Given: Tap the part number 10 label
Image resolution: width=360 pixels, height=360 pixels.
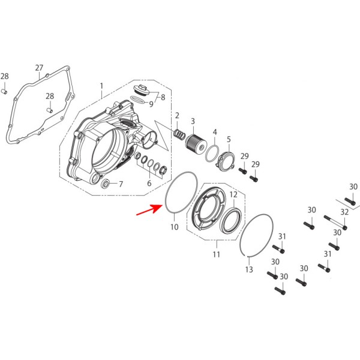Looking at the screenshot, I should (174, 227).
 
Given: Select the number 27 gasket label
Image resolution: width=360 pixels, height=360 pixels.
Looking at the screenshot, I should (40, 68).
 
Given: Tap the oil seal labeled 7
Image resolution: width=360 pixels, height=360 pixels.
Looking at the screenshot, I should (106, 182).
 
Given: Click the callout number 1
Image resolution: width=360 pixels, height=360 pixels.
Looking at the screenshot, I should (102, 85).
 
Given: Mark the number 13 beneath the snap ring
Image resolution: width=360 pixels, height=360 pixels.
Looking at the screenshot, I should (249, 270).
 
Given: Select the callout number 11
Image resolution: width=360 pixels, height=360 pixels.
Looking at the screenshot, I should (216, 254).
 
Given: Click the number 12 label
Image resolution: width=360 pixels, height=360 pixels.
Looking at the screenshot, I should (233, 194).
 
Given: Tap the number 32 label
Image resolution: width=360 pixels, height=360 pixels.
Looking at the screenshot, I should (344, 212).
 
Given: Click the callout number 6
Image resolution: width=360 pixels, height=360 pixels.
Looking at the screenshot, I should (149, 184).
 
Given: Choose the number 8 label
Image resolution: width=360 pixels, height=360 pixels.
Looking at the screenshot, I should (162, 97).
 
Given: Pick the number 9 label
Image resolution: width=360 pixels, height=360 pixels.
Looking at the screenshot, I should (151, 104).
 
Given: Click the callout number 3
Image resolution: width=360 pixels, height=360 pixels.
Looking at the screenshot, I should (193, 121).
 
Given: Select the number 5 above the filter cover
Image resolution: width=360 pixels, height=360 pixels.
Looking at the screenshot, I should (229, 139).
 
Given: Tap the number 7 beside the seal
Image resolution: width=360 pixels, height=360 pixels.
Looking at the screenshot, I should (121, 184).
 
